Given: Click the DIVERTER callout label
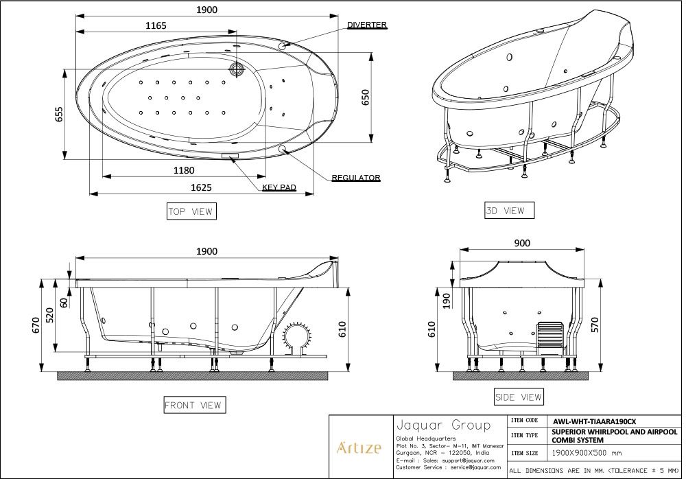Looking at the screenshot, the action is click(366, 25).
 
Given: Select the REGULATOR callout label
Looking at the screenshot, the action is click(355, 178).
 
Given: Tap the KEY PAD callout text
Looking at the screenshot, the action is click(279, 187).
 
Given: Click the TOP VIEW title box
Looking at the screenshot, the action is click(191, 211).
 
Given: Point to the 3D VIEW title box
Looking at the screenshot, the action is click(509, 211).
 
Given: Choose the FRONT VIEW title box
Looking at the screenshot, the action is click(195, 405).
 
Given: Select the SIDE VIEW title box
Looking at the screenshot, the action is click(519, 397).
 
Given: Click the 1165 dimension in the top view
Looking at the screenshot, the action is click(156, 25).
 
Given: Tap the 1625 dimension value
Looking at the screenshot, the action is click(201, 187).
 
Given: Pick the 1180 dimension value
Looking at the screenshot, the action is click(184, 170).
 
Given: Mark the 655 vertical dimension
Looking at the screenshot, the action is click(59, 115).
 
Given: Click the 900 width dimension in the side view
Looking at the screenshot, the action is click(522, 243).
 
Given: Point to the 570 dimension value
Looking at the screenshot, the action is click(595, 325).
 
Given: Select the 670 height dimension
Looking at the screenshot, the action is click(36, 325).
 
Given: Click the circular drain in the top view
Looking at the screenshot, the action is click(237, 69).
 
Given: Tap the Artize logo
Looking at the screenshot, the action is click(359, 447).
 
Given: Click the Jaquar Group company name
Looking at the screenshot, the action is click(443, 425).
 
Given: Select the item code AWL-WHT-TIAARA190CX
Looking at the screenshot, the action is click(595, 421).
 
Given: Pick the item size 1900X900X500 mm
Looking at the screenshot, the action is click(587, 453).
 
